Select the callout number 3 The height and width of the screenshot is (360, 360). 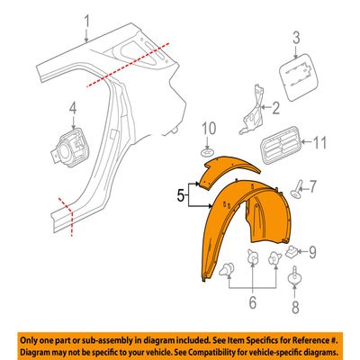click(296, 38)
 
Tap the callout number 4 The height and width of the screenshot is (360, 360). click(73, 108)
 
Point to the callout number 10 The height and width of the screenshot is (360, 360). click(208, 129)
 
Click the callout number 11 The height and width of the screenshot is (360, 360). click(319, 143)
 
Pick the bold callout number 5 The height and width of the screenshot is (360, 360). click(180, 196)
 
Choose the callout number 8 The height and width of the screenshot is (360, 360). click(295, 307)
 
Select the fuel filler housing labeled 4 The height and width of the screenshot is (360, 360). click(69, 146)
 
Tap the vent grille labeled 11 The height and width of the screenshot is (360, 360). click(280, 145)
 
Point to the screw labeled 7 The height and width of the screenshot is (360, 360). click(296, 190)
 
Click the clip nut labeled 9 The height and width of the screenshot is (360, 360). click(290, 252)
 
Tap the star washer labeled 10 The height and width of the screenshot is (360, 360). click(208, 153)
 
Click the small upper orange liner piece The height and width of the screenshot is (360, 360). click(228, 171)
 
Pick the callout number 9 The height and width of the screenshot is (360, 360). click(312, 253)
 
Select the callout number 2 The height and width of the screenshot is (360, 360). click(274, 108)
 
